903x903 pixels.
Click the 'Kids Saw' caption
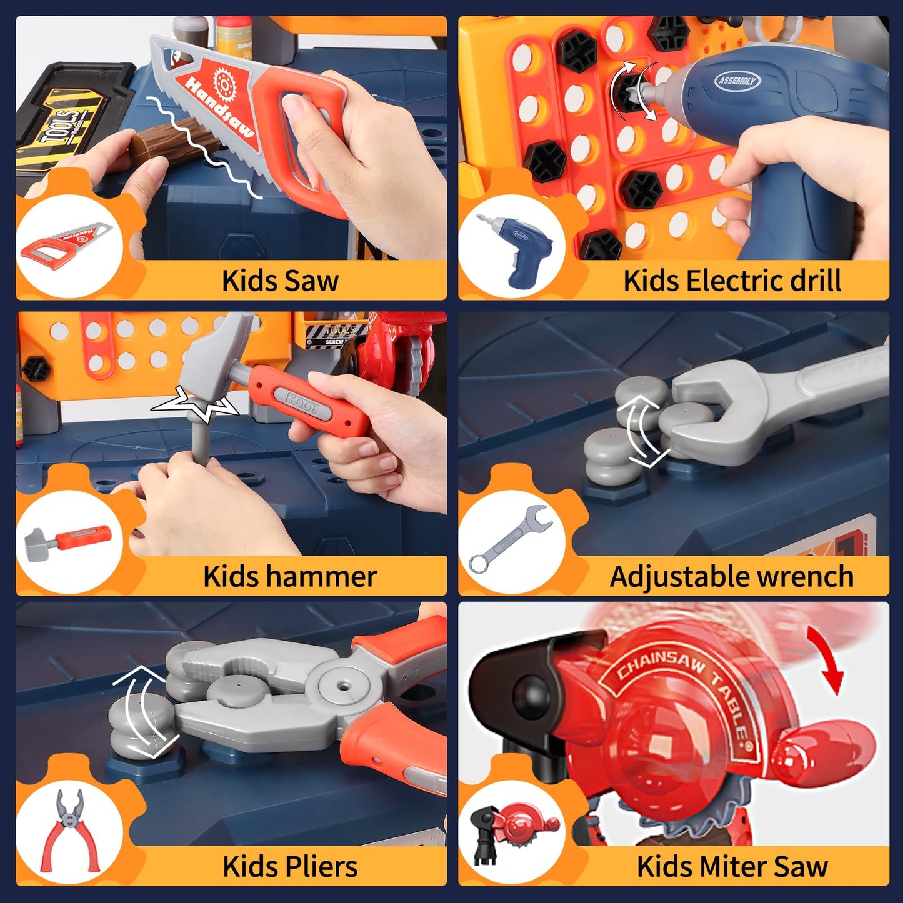(x=280, y=281)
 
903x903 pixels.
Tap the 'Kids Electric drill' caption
(x=732, y=281)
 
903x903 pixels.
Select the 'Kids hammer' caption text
(x=290, y=576)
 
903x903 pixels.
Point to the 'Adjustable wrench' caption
(x=731, y=576)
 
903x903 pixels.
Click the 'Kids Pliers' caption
(x=290, y=867)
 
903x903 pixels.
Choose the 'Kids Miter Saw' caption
(x=732, y=867)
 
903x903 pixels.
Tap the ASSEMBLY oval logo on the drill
(x=738, y=81)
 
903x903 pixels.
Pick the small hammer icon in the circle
(x=68, y=539)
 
